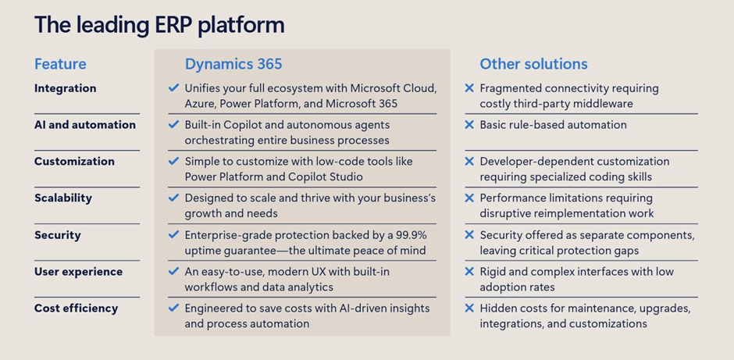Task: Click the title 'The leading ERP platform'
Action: click(x=159, y=25)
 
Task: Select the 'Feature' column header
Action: click(x=60, y=64)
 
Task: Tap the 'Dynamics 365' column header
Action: click(x=233, y=64)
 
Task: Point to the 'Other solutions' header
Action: click(x=533, y=64)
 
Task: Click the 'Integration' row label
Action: click(x=66, y=88)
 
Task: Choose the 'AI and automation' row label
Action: click(x=85, y=124)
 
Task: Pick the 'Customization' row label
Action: click(x=74, y=161)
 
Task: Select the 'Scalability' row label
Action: click(x=63, y=198)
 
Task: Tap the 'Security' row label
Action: click(x=58, y=235)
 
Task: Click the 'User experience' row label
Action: click(x=79, y=272)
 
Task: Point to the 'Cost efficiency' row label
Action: click(x=77, y=308)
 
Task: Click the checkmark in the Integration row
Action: click(x=173, y=87)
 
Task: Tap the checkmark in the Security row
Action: click(x=173, y=234)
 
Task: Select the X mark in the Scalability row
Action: click(x=469, y=198)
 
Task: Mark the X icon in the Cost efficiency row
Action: click(x=469, y=308)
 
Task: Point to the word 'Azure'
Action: click(x=199, y=103)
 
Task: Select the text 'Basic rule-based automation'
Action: click(x=554, y=124)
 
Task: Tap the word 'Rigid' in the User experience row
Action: click(x=491, y=272)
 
